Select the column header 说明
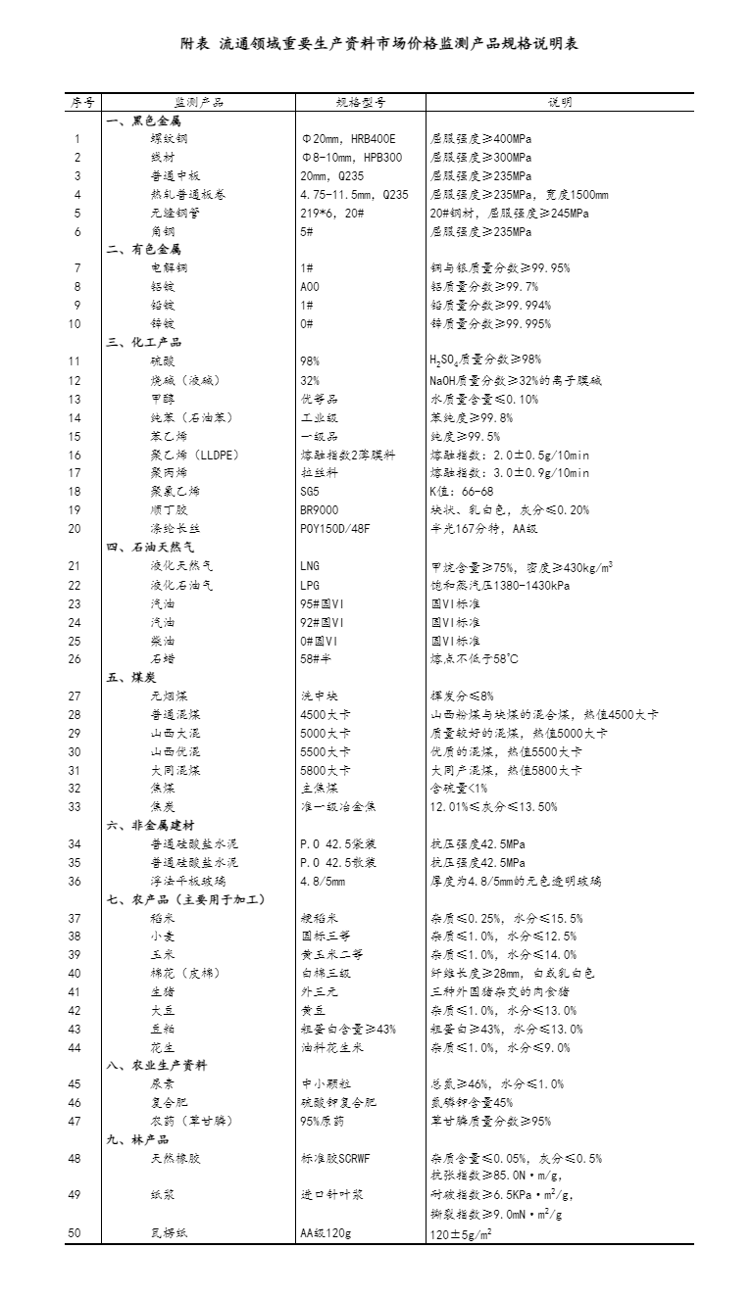(561, 102)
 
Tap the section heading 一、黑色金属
(143, 120)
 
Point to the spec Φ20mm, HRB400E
(348, 139)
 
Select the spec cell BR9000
(320, 510)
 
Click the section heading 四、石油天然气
(150, 548)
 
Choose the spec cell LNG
(310, 566)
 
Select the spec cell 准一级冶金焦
(338, 807)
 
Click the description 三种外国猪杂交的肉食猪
(491, 992)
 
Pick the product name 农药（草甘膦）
(191, 1122)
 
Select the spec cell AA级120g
(326, 1233)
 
